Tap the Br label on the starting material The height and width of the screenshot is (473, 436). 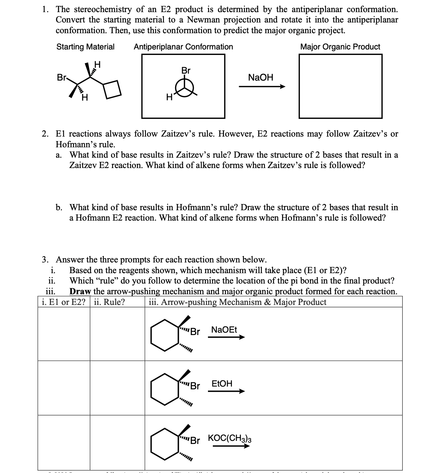click(x=61, y=78)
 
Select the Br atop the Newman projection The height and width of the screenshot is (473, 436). click(x=186, y=71)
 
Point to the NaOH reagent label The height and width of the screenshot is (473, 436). click(x=261, y=77)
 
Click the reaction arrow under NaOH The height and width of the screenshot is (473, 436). click(x=262, y=87)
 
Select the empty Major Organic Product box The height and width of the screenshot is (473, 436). click(x=340, y=86)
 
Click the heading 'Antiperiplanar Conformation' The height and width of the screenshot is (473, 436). click(x=183, y=47)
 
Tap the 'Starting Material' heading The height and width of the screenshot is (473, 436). click(x=85, y=47)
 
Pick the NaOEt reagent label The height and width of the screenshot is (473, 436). click(x=224, y=330)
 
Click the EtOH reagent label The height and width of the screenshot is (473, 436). click(x=222, y=383)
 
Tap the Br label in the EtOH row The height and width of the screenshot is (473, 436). click(x=195, y=386)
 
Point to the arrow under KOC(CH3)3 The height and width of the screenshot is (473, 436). click(x=231, y=446)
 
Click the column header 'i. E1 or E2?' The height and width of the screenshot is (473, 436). click(x=63, y=302)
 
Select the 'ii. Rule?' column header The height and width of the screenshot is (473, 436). click(x=109, y=302)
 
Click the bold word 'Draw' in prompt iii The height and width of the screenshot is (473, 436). click(x=80, y=291)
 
